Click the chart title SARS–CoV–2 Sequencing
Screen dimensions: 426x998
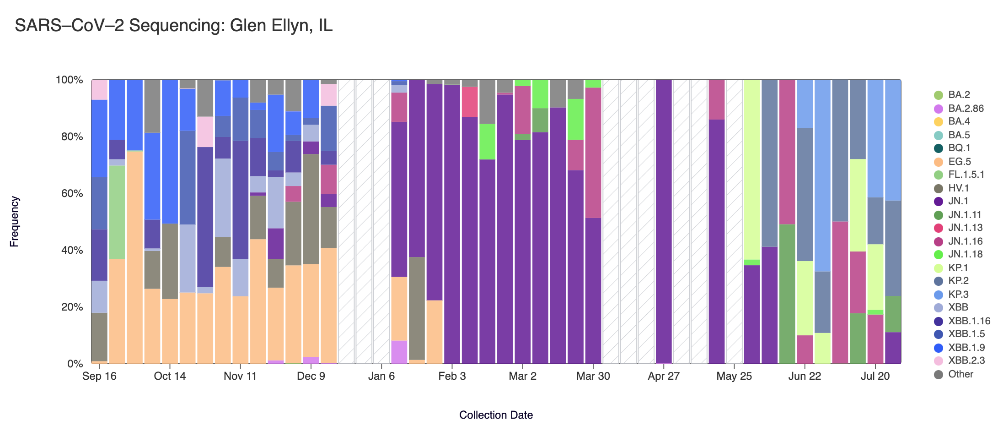[173, 26]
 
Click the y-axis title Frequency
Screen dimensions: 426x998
[15, 222]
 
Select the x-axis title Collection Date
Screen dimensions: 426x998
[496, 415]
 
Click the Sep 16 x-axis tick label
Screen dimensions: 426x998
[99, 377]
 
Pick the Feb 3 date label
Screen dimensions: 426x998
[451, 377]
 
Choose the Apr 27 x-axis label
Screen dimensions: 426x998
[663, 377]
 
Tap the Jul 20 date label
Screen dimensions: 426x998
[875, 377]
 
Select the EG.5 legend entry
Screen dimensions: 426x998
[959, 162]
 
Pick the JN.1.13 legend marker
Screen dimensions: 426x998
[939, 228]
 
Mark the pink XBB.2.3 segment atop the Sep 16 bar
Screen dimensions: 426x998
[99, 89]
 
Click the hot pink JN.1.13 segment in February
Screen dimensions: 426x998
[470, 102]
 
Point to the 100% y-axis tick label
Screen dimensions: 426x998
[70, 80]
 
